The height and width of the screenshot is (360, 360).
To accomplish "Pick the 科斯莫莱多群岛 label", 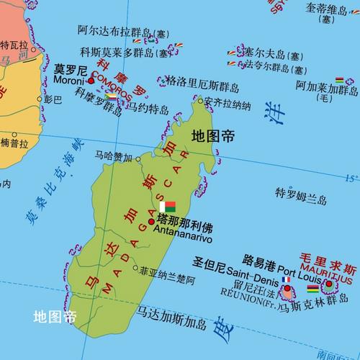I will pos(125,52).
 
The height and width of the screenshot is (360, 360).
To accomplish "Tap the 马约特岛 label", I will pos(148,109).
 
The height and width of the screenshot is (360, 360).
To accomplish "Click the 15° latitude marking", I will pos(351,177).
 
